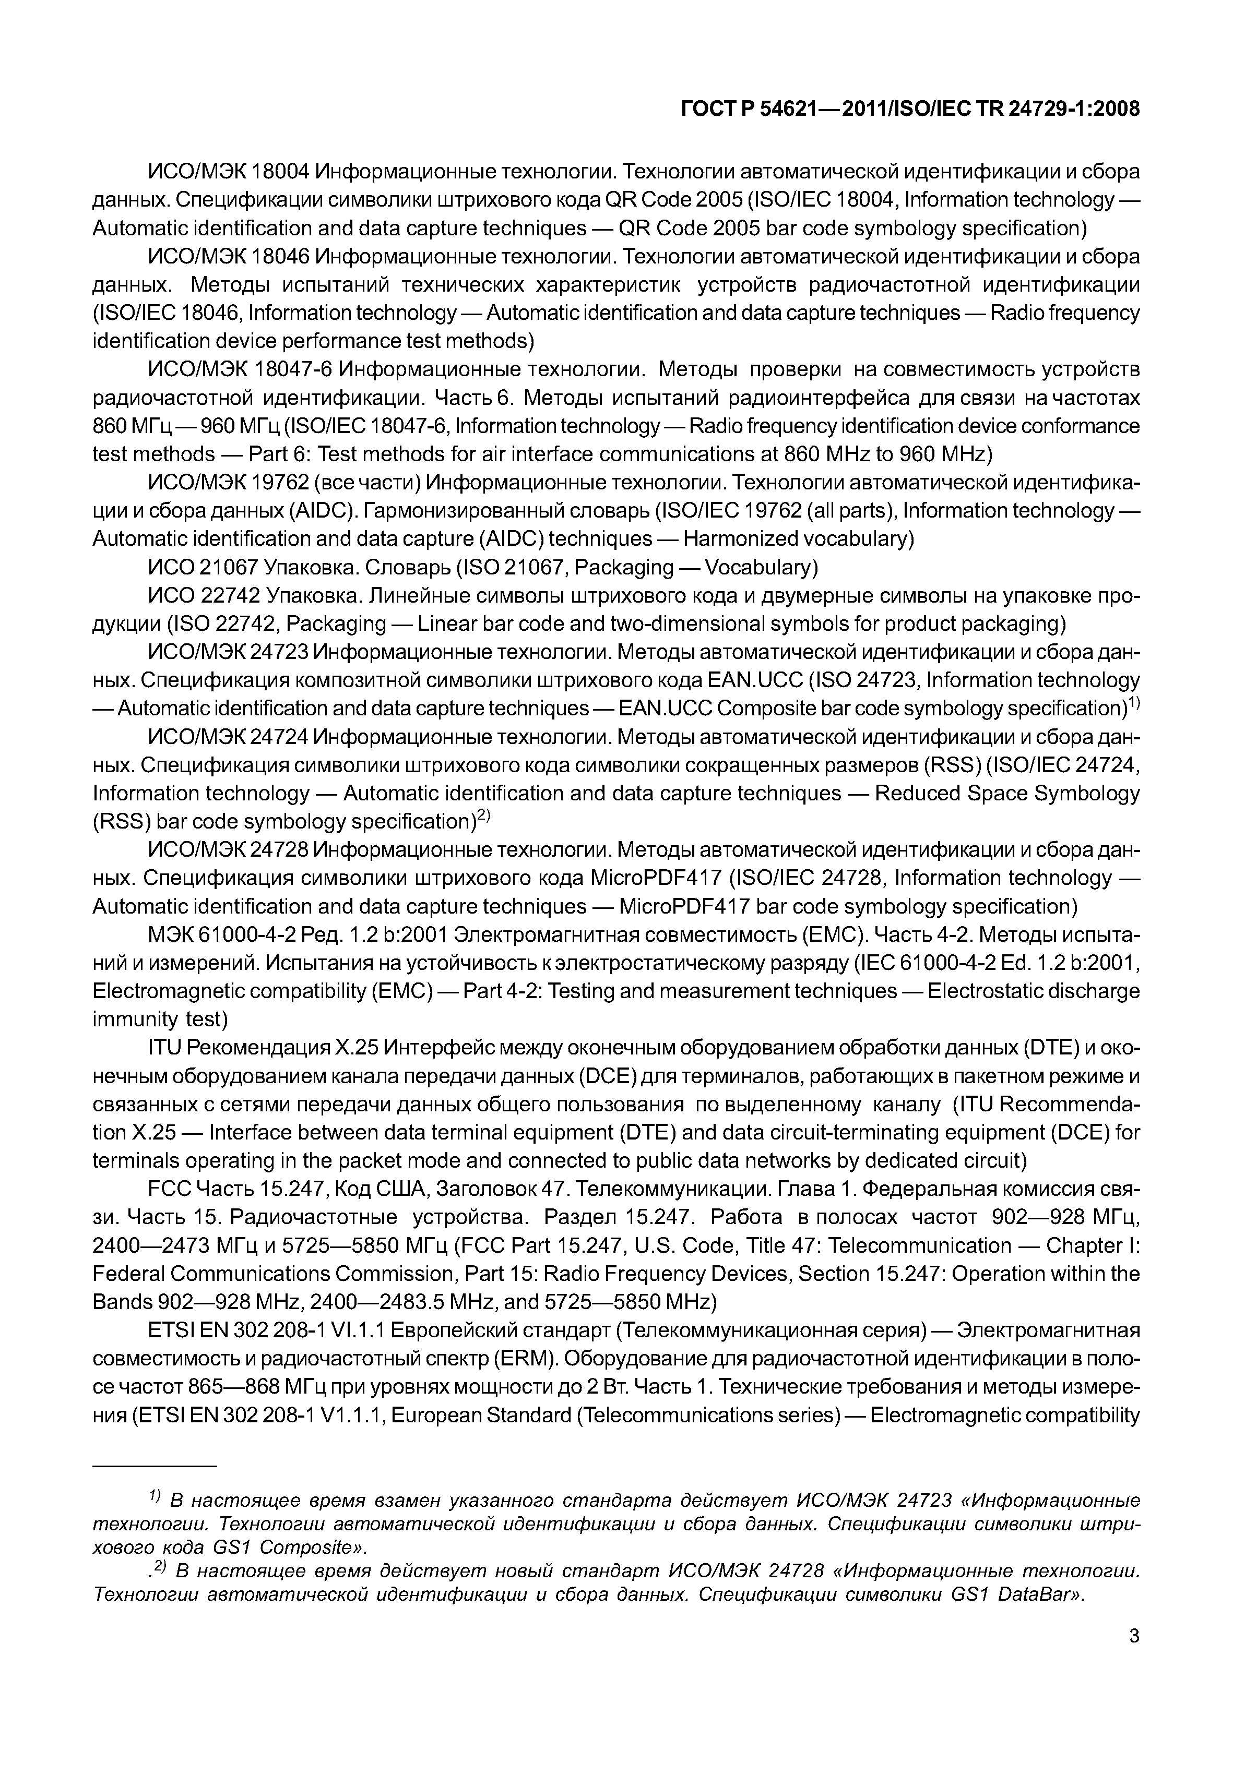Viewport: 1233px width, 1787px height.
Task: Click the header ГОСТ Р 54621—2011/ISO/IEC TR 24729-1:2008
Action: pos(910,109)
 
